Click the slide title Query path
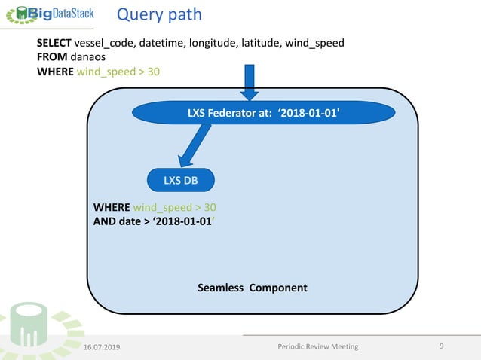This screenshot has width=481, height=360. click(158, 14)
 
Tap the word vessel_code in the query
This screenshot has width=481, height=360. click(105, 43)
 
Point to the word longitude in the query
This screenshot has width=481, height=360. click(213, 43)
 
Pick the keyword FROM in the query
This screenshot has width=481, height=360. click(52, 56)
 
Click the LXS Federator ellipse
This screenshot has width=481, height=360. click(263, 114)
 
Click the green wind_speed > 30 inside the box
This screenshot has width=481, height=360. click(175, 206)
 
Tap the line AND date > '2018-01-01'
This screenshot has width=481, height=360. click(160, 221)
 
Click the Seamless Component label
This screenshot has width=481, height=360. click(252, 288)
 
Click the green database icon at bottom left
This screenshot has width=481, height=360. click(26, 328)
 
